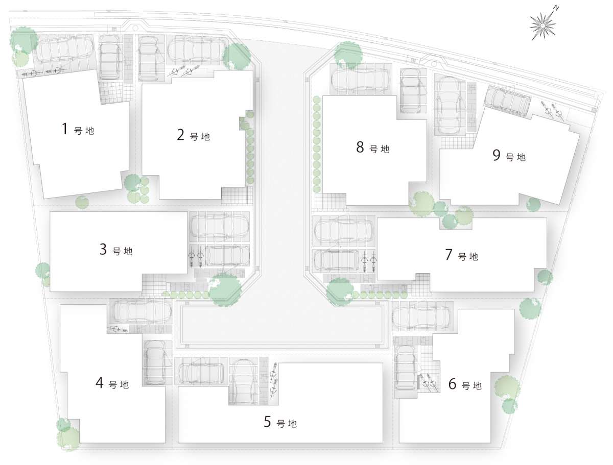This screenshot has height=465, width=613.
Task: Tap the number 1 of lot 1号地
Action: (x=65, y=129)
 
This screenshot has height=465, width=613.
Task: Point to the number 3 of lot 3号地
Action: (x=103, y=249)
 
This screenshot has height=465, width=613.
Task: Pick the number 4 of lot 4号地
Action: (x=100, y=382)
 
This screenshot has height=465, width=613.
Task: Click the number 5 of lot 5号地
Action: (x=267, y=422)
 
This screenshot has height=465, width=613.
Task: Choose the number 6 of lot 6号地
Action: (x=452, y=384)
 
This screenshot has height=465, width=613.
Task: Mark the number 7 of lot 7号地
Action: (x=449, y=254)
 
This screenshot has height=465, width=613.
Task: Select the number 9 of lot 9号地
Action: (x=496, y=155)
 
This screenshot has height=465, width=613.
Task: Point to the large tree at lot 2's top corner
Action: (x=237, y=56)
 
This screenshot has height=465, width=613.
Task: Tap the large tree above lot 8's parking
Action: (x=348, y=55)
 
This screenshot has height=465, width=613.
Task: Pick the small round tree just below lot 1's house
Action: (x=82, y=202)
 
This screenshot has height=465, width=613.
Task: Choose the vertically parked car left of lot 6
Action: (x=406, y=368)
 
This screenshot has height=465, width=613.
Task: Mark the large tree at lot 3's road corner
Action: (x=225, y=290)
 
